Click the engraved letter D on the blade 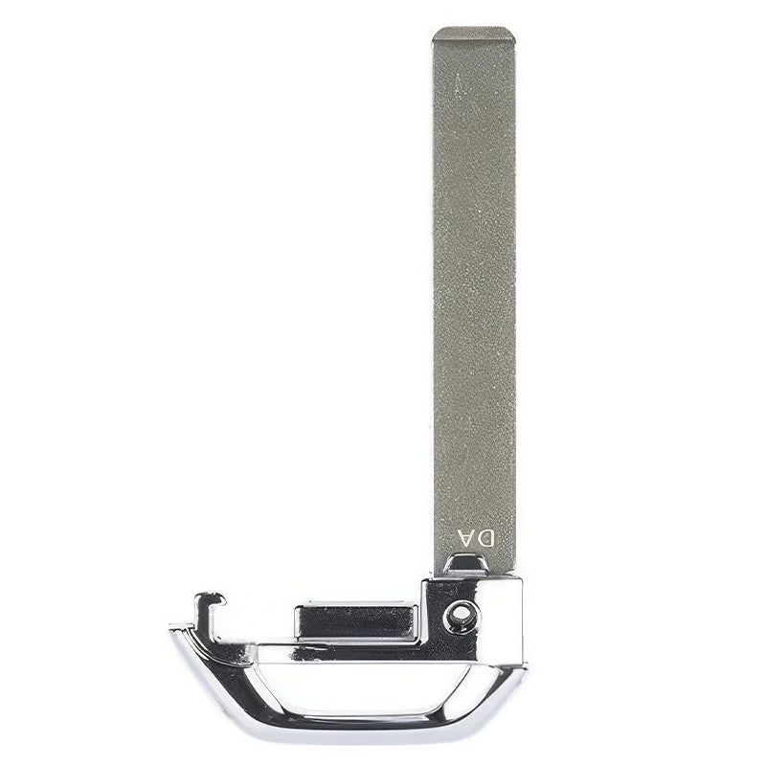point(486,538)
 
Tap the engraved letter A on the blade point(464,538)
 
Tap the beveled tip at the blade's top point(473,35)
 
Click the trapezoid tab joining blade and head point(466,565)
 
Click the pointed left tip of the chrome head point(173,630)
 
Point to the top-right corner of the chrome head point(521,578)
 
